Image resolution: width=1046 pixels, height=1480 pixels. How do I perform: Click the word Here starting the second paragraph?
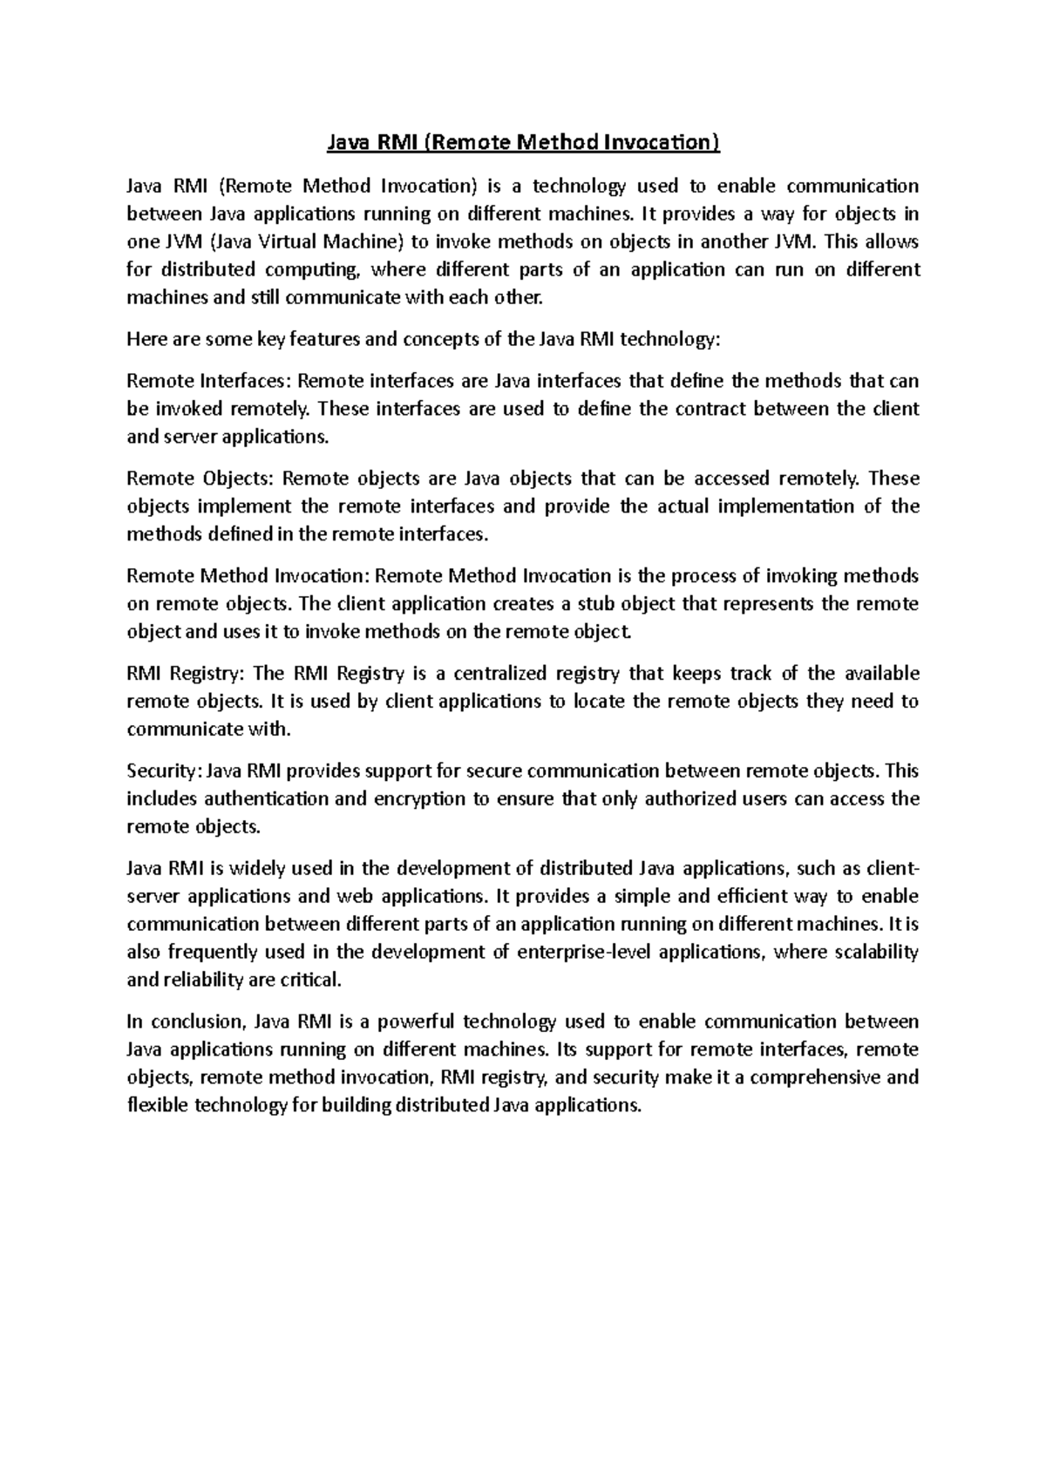pyautogui.click(x=146, y=339)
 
